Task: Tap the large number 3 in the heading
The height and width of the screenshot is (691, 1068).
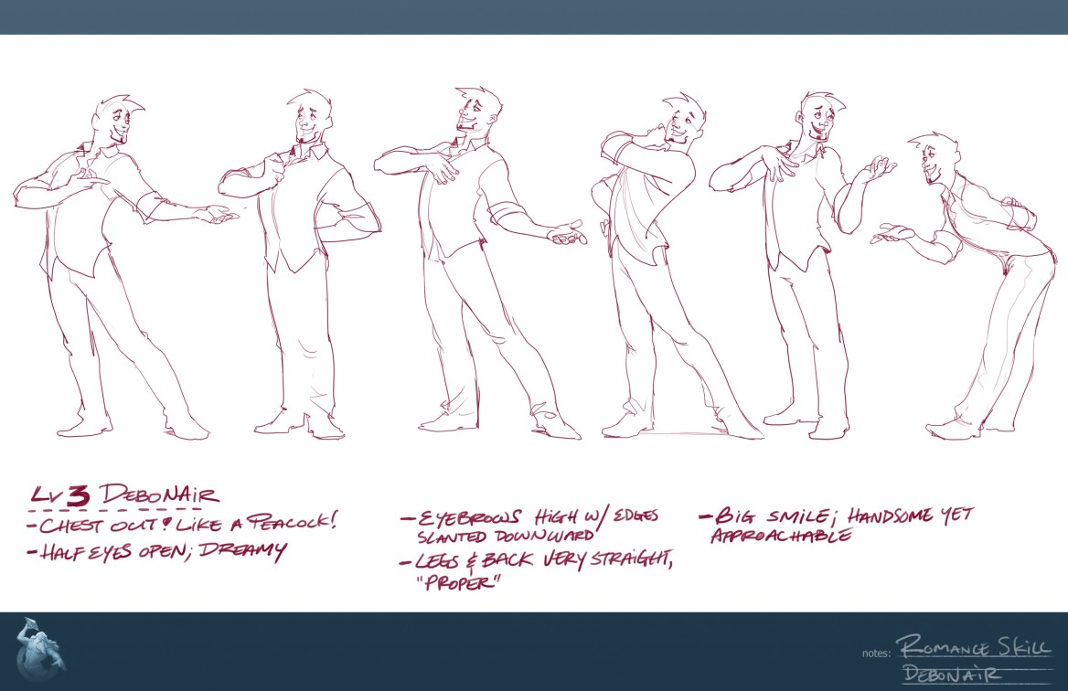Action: [x=79, y=494]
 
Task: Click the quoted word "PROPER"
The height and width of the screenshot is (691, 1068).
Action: [x=459, y=583]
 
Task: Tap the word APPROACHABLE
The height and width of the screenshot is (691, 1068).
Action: [x=781, y=535]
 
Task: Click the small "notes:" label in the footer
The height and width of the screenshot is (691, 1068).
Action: [x=876, y=654]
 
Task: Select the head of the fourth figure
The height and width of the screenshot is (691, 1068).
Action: [x=682, y=121]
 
